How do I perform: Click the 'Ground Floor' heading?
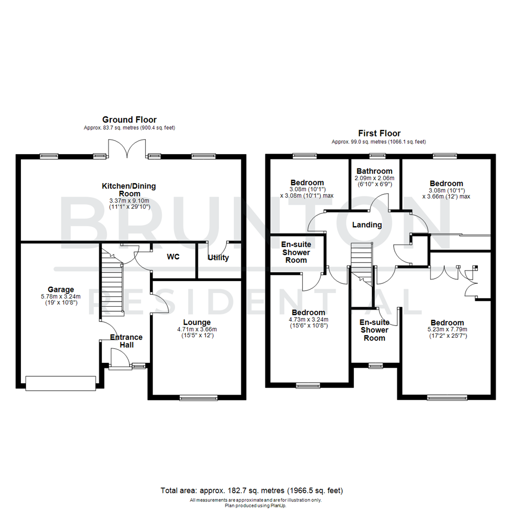tap(129, 120)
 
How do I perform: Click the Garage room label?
tap(61, 290)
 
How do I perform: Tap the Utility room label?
tap(218, 258)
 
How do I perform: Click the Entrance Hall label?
tap(126, 341)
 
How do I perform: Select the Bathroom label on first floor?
tap(375, 171)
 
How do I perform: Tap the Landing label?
tap(367, 225)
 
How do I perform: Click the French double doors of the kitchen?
tap(118, 149)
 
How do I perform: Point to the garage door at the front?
tap(61, 383)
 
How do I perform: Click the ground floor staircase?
tap(112, 284)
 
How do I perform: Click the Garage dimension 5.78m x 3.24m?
tap(61, 297)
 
